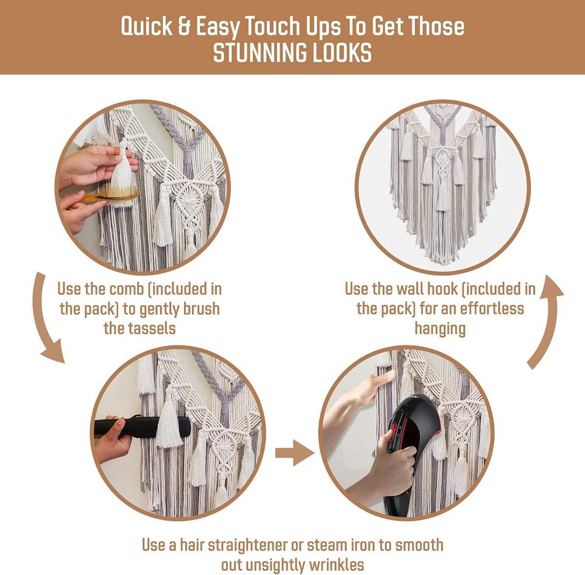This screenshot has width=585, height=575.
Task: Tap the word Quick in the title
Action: [147, 26]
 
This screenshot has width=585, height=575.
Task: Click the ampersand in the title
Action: [184, 26]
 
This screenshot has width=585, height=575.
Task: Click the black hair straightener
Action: [142, 426]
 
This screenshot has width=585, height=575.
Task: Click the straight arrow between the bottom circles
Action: [294, 453]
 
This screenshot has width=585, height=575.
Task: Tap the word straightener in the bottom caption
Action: [247, 545]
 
